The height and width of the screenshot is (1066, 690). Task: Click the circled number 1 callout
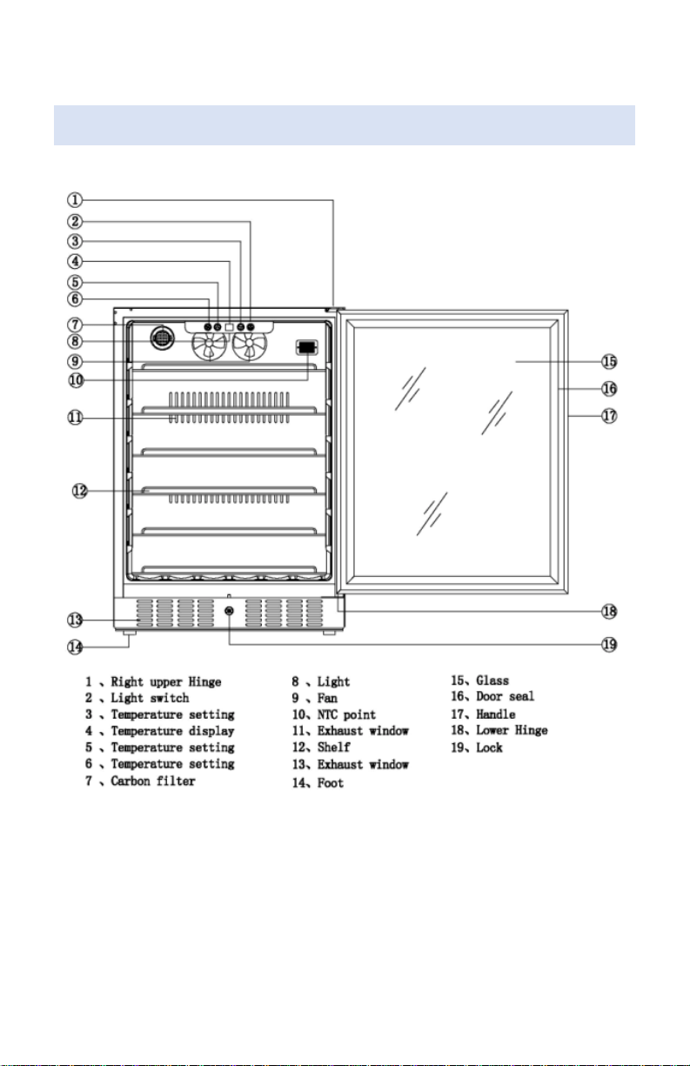tap(75, 200)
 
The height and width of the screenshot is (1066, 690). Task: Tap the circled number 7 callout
tap(75, 325)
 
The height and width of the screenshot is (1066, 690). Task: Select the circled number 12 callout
tap(80, 491)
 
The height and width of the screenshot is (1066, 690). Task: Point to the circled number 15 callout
tap(610, 362)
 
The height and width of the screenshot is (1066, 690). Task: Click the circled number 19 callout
tap(610, 645)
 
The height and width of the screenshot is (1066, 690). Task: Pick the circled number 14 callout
tap(75, 647)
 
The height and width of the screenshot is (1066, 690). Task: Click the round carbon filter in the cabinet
tap(162, 338)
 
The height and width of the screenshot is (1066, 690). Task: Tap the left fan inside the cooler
tap(210, 345)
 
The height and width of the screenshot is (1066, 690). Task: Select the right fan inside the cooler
tap(250, 345)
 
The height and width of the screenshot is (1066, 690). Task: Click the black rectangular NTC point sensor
tap(306, 347)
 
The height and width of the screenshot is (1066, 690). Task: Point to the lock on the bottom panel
tap(229, 611)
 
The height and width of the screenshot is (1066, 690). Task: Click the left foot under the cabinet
tap(129, 633)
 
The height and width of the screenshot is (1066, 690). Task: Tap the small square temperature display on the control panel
tap(229, 327)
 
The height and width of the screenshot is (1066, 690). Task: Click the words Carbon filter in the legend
tap(153, 781)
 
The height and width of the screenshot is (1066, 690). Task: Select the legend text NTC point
tap(346, 714)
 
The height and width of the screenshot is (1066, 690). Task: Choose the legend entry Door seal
tap(506, 697)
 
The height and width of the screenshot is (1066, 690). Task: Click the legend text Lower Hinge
tap(512, 730)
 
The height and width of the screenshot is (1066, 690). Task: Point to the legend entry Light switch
tap(150, 698)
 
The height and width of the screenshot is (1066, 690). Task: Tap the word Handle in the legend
tap(496, 714)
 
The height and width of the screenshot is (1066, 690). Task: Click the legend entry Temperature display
tap(173, 731)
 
